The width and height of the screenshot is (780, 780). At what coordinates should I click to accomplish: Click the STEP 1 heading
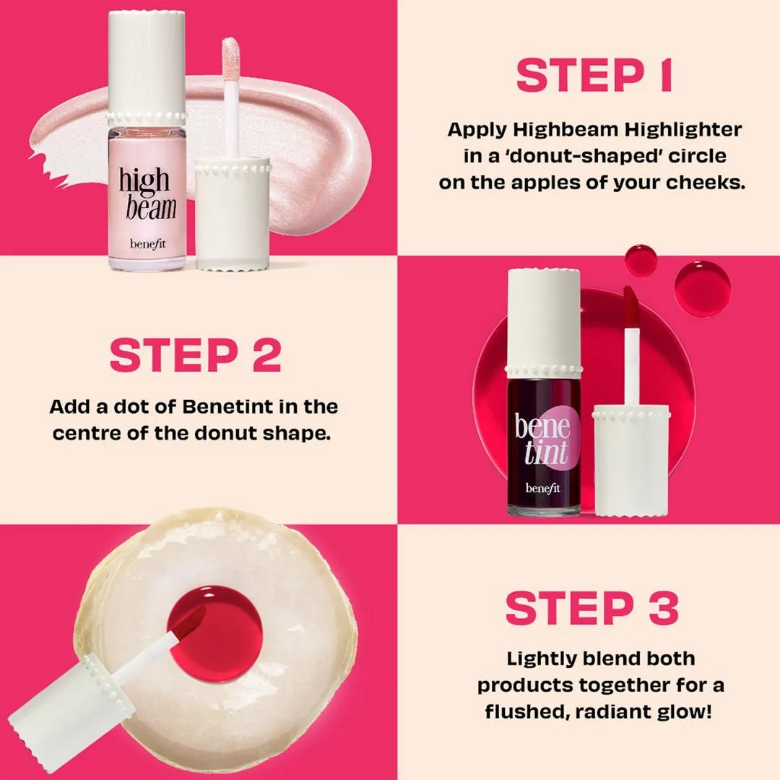(594, 75)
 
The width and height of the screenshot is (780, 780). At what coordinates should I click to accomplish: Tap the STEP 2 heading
(196, 355)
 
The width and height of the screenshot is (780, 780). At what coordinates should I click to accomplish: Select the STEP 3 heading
(592, 608)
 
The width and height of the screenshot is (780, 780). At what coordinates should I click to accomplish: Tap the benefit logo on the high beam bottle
(148, 244)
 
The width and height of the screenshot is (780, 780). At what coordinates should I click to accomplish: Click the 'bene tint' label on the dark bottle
(542, 438)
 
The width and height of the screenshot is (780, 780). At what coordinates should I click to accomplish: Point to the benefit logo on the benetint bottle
(542, 488)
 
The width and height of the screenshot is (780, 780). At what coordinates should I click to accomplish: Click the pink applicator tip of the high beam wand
(231, 58)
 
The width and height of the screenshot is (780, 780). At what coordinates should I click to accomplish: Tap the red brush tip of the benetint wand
(630, 304)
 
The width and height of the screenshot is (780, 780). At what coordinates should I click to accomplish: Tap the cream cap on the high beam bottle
(147, 68)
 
